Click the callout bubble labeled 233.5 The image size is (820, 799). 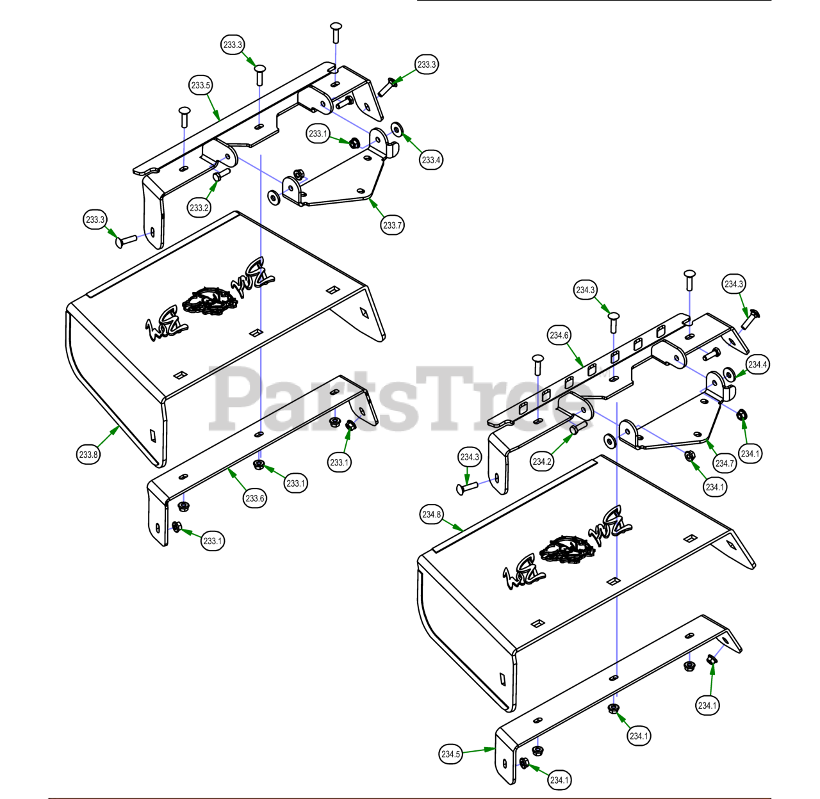point(201,85)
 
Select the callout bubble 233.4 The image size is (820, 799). point(431,159)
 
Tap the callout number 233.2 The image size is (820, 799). point(199,207)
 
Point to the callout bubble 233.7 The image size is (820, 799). point(392,225)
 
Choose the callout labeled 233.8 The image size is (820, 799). point(88,454)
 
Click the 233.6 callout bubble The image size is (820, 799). point(255,498)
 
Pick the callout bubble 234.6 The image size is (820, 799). point(559,335)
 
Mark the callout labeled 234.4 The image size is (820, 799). point(758,364)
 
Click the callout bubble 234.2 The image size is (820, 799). point(542,462)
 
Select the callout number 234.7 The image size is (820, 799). point(725,464)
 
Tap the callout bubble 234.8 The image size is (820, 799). point(432,514)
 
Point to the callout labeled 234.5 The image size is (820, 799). point(450,754)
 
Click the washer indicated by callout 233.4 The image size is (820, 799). point(397,127)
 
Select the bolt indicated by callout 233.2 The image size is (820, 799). point(222,174)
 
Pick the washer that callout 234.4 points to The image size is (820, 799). point(728,373)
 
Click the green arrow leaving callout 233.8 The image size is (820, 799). point(108,436)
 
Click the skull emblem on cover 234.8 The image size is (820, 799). point(568,551)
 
